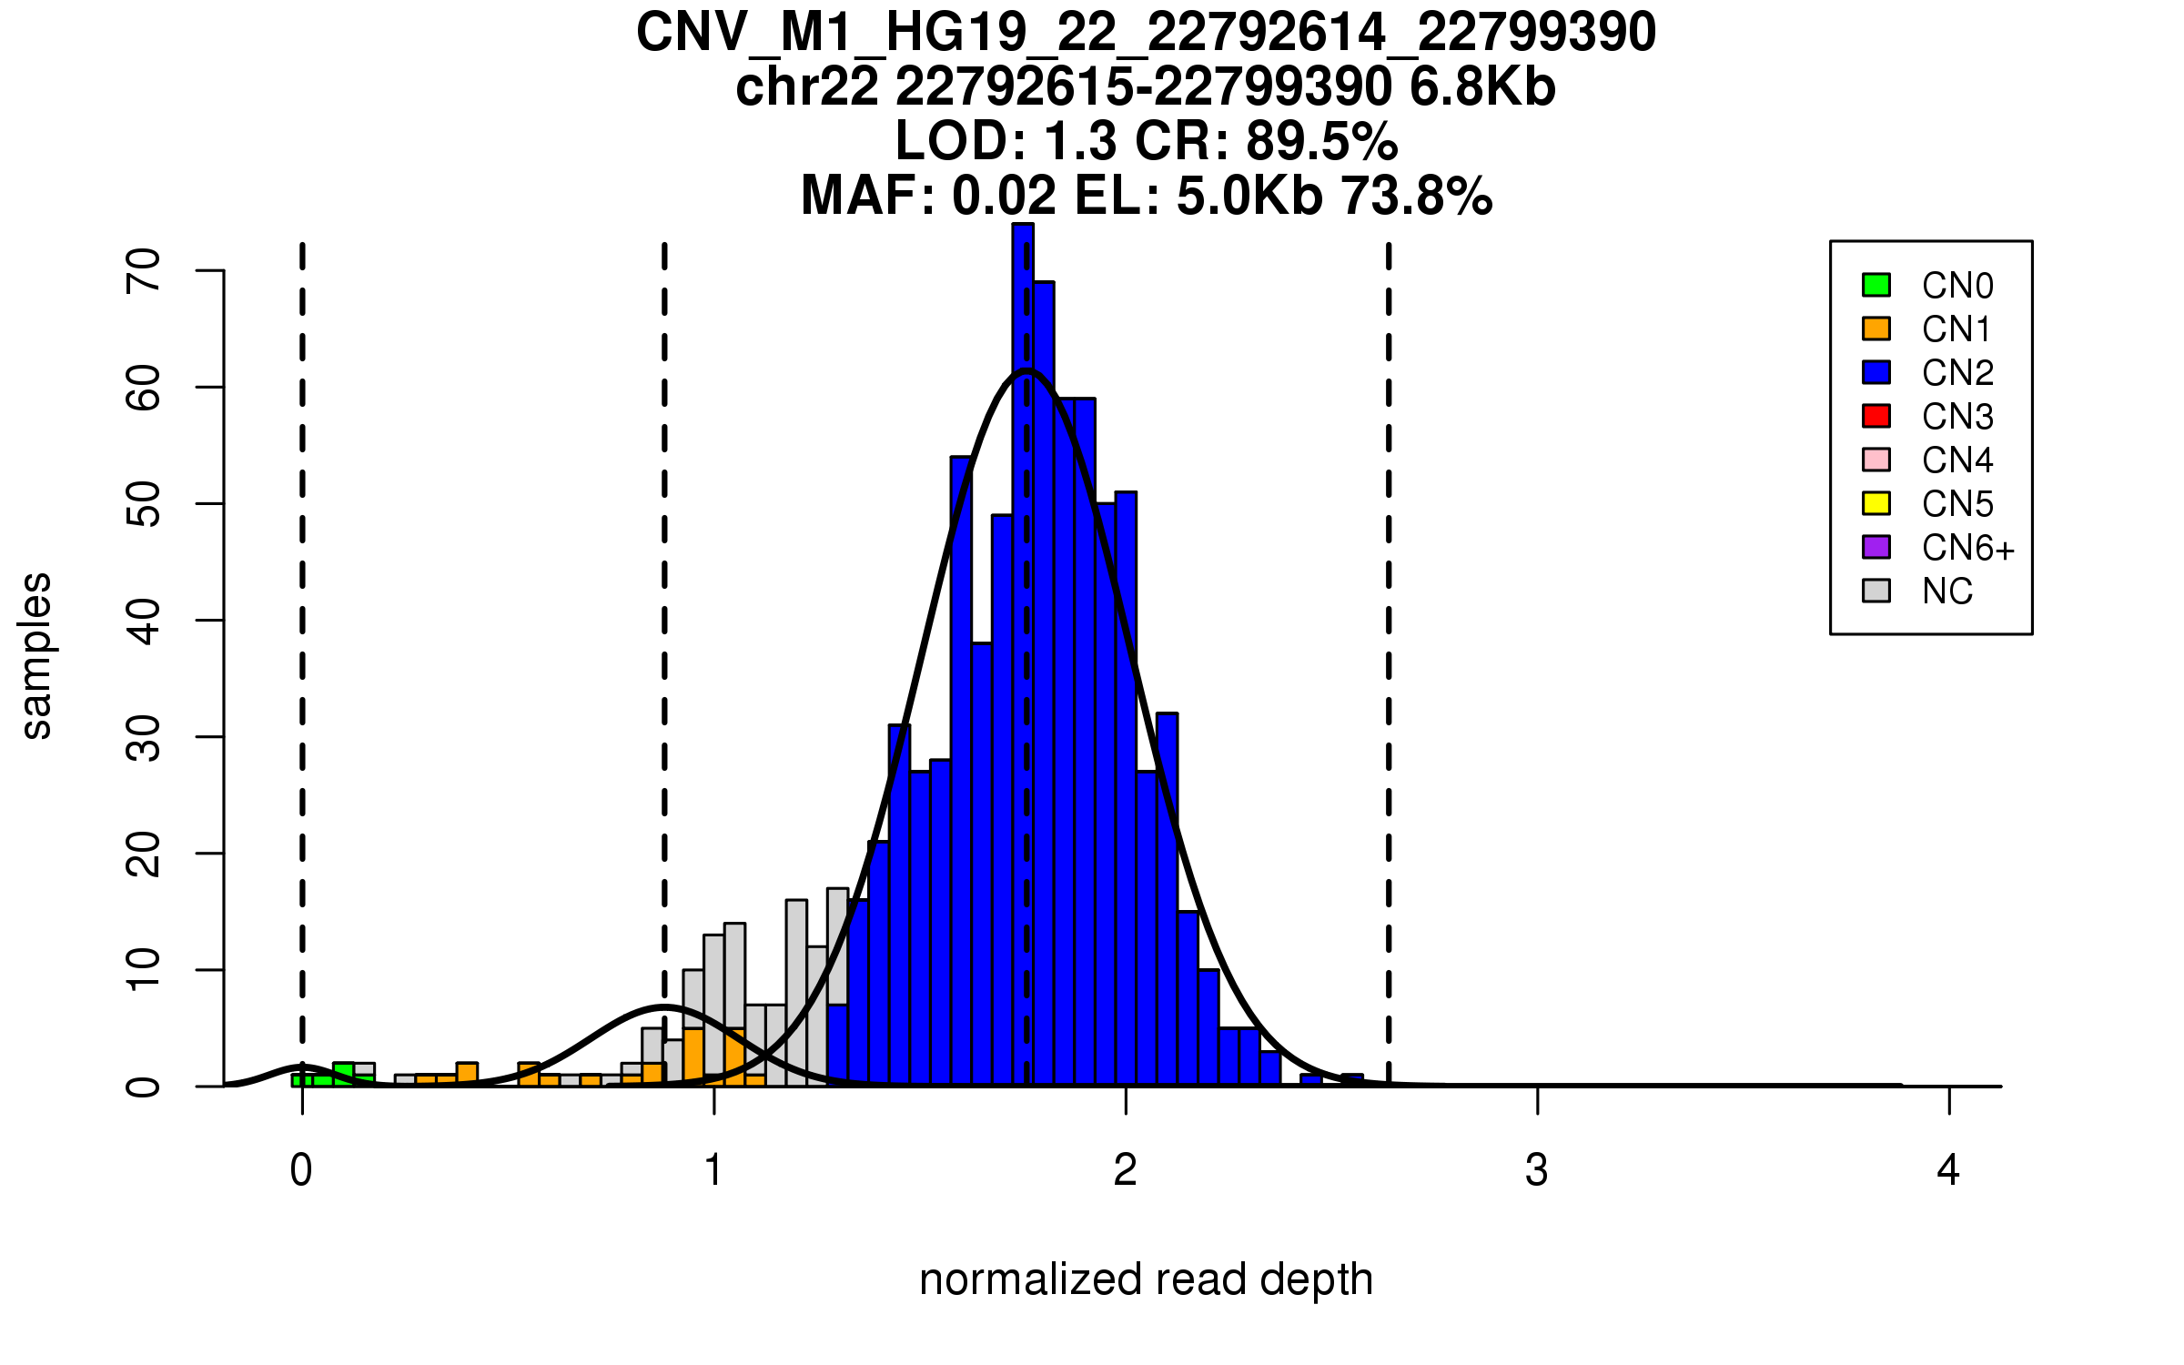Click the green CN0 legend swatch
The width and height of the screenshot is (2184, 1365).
pyautogui.click(x=1876, y=285)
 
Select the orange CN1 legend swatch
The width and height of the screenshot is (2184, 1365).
pyautogui.click(x=1876, y=329)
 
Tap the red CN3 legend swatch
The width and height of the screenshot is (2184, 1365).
pyautogui.click(x=1876, y=416)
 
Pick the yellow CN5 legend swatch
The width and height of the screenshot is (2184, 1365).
pyautogui.click(x=1876, y=503)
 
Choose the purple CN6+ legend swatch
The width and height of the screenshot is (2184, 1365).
pyautogui.click(x=1876, y=547)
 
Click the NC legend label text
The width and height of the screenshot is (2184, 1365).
pyautogui.click(x=1946, y=591)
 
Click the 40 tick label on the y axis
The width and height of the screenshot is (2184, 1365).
pyautogui.click(x=144, y=621)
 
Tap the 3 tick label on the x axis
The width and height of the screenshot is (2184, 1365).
pyautogui.click(x=1537, y=1170)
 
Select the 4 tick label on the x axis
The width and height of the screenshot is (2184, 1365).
pyautogui.click(x=1948, y=1170)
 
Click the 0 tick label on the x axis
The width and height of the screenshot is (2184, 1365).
pyautogui.click(x=301, y=1170)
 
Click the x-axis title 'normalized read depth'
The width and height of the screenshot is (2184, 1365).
pyautogui.click(x=1146, y=1279)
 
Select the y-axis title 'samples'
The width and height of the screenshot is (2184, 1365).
pyautogui.click(x=36, y=655)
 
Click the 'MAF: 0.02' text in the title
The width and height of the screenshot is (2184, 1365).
pyautogui.click(x=928, y=196)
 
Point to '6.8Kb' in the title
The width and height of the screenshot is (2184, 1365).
pyautogui.click(x=1482, y=87)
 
